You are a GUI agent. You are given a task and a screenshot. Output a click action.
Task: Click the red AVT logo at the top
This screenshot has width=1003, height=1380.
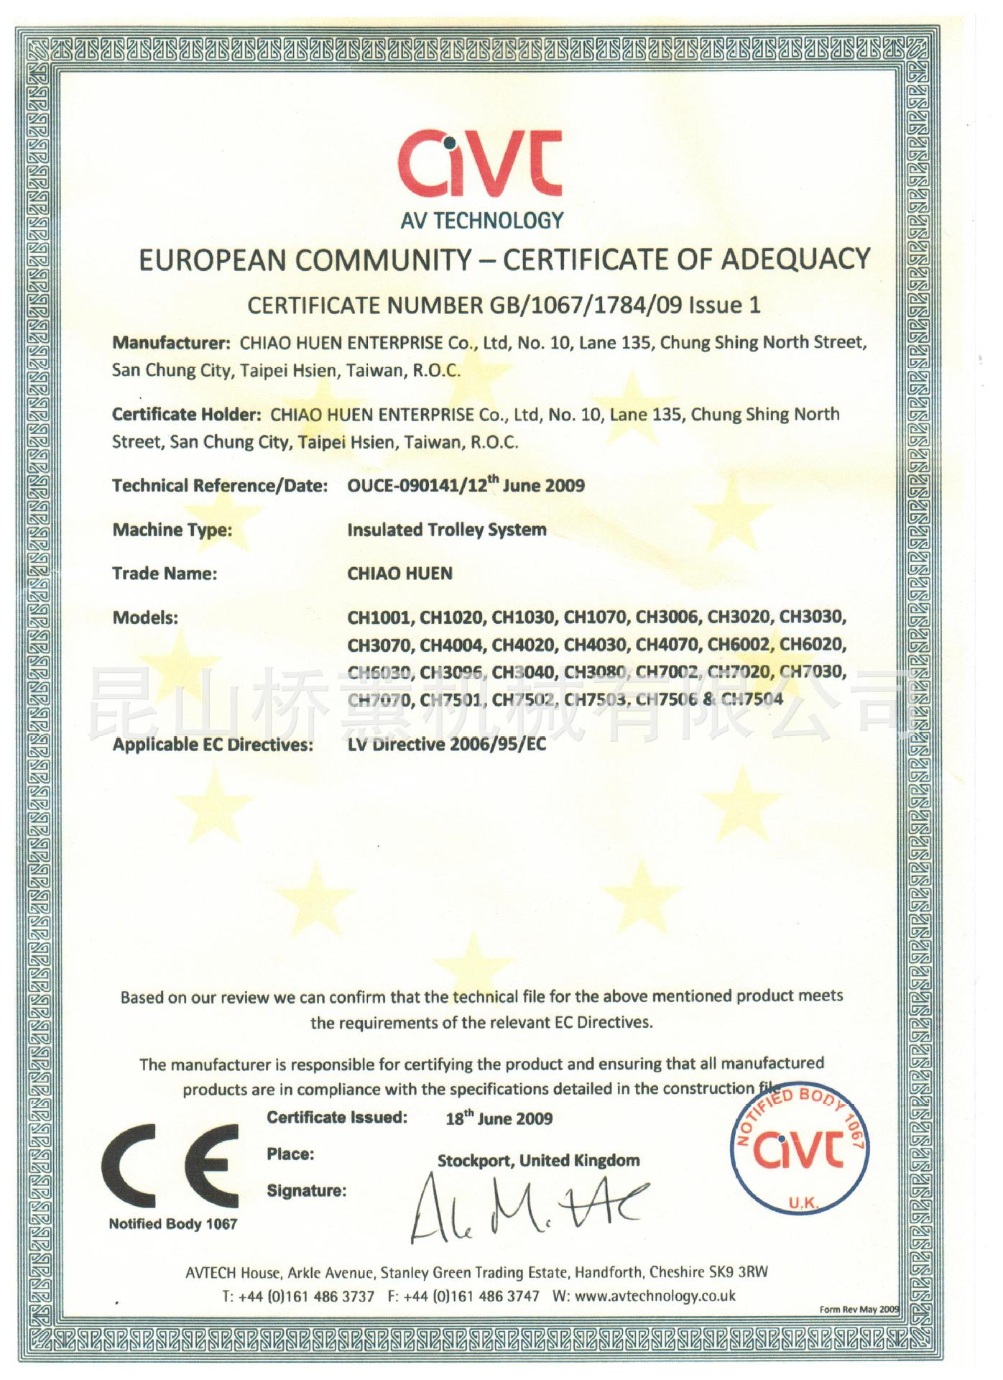(x=480, y=164)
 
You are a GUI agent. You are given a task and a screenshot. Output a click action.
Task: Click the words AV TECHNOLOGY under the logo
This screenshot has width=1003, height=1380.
(x=482, y=220)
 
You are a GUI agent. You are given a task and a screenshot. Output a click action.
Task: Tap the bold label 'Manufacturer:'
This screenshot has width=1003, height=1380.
(x=171, y=343)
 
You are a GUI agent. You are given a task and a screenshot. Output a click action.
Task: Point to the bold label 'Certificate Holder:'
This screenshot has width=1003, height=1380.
(x=186, y=415)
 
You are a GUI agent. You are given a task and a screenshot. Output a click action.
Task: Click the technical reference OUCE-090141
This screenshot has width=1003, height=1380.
(x=403, y=486)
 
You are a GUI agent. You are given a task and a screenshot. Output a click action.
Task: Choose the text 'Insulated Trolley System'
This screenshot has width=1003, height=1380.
(x=446, y=530)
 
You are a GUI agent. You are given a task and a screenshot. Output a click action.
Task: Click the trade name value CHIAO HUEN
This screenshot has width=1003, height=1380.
(x=399, y=574)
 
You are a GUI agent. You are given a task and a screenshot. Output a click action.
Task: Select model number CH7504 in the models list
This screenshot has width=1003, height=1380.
(x=752, y=699)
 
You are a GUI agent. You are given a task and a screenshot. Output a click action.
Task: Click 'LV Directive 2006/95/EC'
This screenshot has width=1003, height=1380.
(x=446, y=744)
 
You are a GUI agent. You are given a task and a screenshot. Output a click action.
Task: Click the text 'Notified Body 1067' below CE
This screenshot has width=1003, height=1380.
(x=172, y=1224)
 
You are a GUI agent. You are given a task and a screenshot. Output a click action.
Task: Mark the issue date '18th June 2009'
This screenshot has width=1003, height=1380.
(x=499, y=1118)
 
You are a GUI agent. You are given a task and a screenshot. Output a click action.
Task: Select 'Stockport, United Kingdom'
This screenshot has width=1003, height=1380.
(x=538, y=1160)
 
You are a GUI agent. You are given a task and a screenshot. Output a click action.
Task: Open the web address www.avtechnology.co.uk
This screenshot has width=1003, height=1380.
(x=655, y=1296)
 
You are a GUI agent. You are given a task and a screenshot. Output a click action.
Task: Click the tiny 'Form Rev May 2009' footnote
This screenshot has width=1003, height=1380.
(x=859, y=1309)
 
